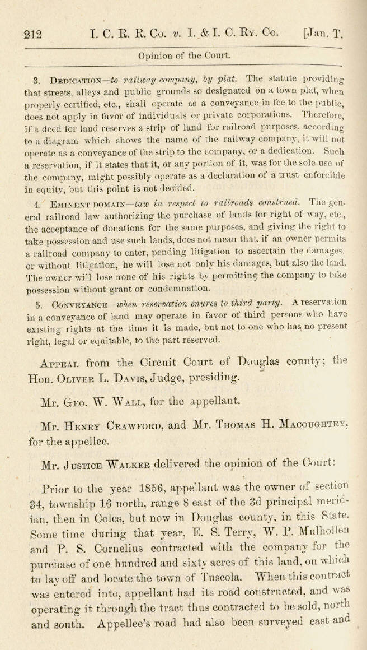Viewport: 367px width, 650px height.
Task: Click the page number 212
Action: coord(33,34)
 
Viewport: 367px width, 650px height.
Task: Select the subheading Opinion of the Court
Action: coord(183,55)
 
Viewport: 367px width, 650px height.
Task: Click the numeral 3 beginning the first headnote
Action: coord(36,79)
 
